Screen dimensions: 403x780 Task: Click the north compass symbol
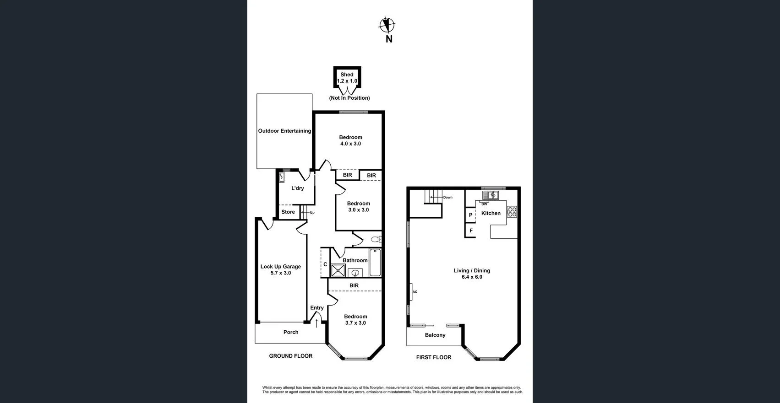tap(387, 26)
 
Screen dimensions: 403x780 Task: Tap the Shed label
tap(347, 75)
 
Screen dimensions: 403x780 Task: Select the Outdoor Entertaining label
tap(284, 131)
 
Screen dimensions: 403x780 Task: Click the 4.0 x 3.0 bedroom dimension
tap(350, 144)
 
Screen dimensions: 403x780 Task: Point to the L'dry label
tap(298, 188)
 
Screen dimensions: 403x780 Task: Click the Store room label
tap(288, 212)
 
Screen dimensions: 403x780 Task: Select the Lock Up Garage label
tap(281, 266)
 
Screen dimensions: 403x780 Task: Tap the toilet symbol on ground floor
tap(376, 239)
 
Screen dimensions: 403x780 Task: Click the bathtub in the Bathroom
tap(375, 263)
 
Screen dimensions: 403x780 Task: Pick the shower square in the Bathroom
tap(338, 270)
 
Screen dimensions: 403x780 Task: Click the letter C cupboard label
tap(325, 264)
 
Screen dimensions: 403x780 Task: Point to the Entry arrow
tap(316, 323)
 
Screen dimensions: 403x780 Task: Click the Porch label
tap(291, 332)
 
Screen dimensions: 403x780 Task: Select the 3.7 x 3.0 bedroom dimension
tap(355, 323)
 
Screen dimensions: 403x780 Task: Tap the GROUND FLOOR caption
tap(290, 356)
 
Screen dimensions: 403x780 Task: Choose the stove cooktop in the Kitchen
tap(512, 212)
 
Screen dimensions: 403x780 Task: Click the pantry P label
tap(470, 215)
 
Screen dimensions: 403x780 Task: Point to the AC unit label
tap(415, 292)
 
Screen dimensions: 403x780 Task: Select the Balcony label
tap(435, 335)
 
